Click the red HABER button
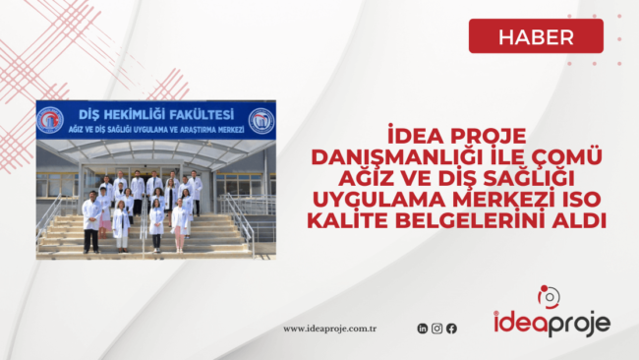[536, 35]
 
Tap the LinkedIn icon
[423, 329]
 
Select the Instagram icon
[436, 329]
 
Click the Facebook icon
[451, 329]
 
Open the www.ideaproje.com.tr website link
[329, 329]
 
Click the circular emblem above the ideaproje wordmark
[549, 296]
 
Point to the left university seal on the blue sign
[50, 120]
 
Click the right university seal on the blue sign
[261, 121]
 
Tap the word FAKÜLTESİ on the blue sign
[202, 115]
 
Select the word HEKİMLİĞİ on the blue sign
[134, 115]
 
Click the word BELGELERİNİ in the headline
[468, 220]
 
